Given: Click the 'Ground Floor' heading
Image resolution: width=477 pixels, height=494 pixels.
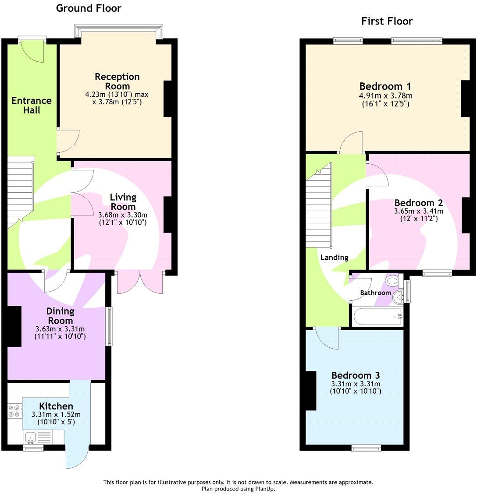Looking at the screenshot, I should (89, 8).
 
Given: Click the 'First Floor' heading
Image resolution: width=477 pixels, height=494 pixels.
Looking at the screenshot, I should (387, 21).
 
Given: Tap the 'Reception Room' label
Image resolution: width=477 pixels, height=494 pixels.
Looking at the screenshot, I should (117, 81).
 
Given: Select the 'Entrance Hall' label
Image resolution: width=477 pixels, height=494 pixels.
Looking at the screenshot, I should (31, 105).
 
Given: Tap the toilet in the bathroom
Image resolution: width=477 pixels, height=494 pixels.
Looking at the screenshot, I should (391, 280).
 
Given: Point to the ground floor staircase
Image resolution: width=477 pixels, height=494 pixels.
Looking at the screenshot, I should (21, 191).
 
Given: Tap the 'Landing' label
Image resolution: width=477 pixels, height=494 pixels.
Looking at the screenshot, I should (334, 258).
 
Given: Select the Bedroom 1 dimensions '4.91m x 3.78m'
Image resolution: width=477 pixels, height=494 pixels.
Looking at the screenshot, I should (385, 95).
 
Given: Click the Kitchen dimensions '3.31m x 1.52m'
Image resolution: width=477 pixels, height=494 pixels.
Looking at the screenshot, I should (56, 414).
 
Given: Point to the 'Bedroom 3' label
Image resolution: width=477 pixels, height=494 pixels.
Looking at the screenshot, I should (355, 375).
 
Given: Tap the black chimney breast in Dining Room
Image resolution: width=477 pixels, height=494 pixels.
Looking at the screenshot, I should (14, 326).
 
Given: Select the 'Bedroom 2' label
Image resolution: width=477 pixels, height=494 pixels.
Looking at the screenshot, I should (418, 203).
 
